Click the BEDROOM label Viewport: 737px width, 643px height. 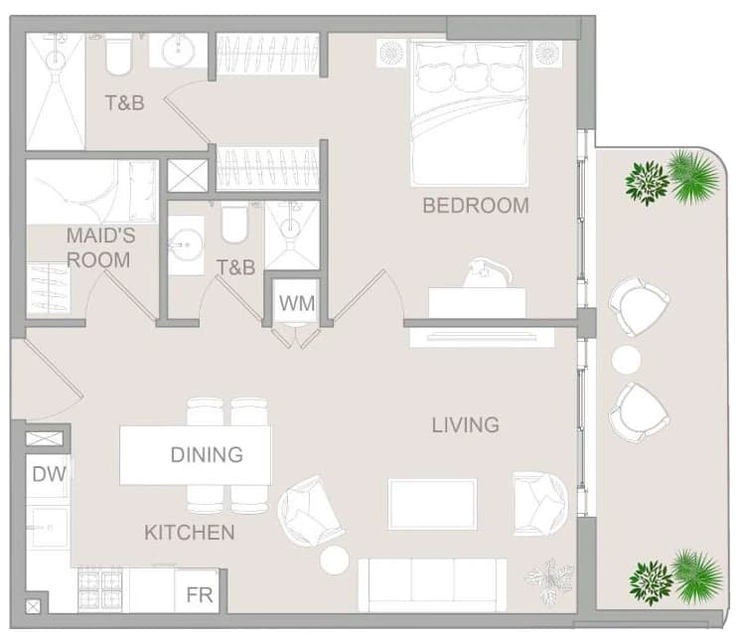pos(476,206)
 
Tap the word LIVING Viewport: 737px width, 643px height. pos(465,424)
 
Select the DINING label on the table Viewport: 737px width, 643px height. pos(207,455)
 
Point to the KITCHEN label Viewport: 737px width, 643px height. pos(190,533)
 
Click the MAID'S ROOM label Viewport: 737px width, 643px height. pos(99,247)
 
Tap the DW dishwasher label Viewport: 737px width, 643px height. pos(49,474)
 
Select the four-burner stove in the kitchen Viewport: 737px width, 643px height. pos(100,589)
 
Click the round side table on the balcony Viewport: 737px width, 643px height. pos(626,360)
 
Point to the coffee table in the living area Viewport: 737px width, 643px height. pos(432,505)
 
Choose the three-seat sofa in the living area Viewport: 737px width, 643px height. pos(432,585)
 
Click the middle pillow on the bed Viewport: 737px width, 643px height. pos(473,78)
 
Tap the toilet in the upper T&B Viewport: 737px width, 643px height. pos(118,57)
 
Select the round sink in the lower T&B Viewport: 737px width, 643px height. pos(186,244)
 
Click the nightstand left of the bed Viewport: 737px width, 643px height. pos(391,53)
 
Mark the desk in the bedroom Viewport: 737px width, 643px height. pos(477,302)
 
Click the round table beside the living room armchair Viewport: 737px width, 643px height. pos(334,561)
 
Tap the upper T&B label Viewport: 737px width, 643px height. pos(124,103)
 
